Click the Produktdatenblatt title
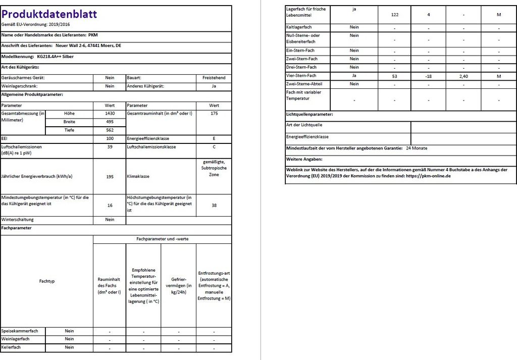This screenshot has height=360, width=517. [x=49, y=14]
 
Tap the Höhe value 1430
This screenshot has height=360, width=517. [x=110, y=114]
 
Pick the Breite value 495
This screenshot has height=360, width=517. [x=110, y=122]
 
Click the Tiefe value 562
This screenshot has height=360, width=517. [x=110, y=130]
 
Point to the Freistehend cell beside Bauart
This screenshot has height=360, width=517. [x=214, y=78]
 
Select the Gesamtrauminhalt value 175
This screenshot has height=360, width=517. [x=214, y=114]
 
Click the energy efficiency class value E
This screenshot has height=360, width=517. [x=214, y=138]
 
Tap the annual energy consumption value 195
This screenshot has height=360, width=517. [x=110, y=177]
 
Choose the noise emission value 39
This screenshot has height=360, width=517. [x=110, y=147]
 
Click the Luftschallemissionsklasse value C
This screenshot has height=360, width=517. [x=214, y=147]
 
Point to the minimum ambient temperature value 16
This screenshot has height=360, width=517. [x=110, y=205]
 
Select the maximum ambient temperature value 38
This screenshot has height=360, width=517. [x=214, y=205]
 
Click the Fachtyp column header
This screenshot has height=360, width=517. [x=46, y=281]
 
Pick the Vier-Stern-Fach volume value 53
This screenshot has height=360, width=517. [x=394, y=76]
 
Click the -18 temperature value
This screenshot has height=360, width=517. [x=428, y=76]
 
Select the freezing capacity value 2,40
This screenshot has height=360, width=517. [x=464, y=76]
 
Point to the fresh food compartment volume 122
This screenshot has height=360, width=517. [x=394, y=15]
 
